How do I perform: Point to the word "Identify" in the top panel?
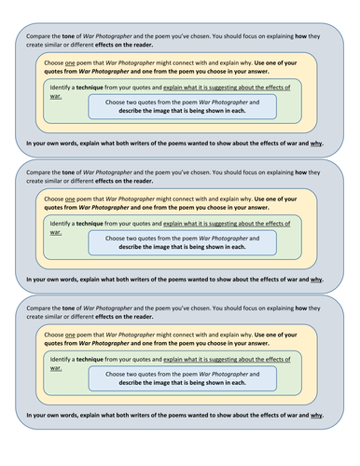[63, 84]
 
